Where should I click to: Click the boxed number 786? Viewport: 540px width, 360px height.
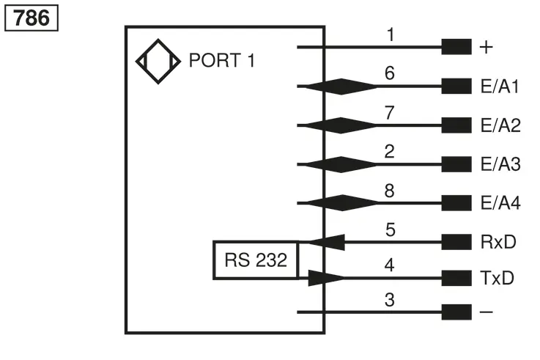(32, 18)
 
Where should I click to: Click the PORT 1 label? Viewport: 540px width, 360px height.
(222, 60)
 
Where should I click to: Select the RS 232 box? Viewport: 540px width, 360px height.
(256, 260)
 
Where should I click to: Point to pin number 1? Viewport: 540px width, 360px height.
(391, 34)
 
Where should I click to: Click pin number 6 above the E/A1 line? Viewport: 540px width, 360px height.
(390, 73)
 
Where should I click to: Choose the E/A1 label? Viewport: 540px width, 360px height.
(500, 86)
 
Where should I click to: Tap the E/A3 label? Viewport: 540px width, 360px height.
(500, 164)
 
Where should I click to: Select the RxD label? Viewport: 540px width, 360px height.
(498, 242)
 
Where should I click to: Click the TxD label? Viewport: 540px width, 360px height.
(497, 278)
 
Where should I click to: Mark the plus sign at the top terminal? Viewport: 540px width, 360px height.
(486, 47)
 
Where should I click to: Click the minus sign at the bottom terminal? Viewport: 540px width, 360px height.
(487, 312)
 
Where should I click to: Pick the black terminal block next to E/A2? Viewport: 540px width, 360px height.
(456, 125)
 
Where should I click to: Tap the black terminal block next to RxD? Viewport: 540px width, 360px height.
(456, 242)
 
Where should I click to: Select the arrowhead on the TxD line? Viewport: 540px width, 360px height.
(326, 278)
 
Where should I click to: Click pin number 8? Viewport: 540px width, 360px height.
(390, 191)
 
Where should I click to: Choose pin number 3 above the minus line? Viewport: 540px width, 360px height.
(390, 300)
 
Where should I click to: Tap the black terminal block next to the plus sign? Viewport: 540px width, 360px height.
(456, 47)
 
